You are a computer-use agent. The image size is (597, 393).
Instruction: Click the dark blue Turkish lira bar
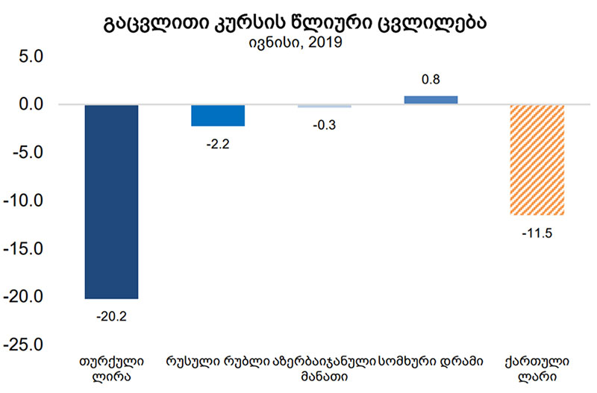tap(111, 201)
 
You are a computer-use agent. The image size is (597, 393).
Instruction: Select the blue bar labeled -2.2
tap(218, 116)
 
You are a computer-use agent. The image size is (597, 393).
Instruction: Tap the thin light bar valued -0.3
tap(325, 106)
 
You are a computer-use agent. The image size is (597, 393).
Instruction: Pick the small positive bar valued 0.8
tap(431, 100)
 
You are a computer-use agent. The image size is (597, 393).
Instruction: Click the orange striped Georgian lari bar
tap(537, 160)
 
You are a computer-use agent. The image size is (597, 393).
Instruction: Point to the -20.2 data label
tap(111, 315)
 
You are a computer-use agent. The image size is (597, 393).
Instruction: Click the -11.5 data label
tap(537, 233)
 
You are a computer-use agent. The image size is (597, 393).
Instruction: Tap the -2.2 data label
tap(217, 144)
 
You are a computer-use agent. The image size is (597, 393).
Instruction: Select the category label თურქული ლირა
tap(111, 370)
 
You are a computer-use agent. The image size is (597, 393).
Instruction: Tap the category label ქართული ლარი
tap(537, 370)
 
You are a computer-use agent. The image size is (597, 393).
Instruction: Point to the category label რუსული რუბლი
tap(217, 362)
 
